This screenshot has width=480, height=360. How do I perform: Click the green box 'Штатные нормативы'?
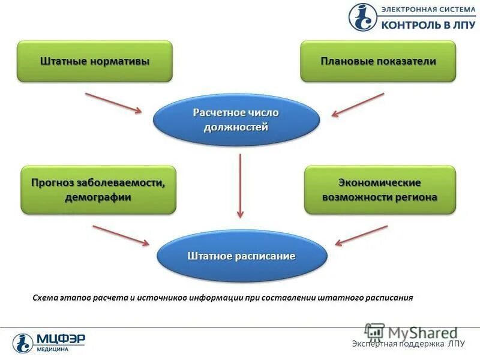[95, 61]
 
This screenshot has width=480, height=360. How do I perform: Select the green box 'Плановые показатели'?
[378, 61]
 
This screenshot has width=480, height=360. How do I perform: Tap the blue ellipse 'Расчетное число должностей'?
[236, 119]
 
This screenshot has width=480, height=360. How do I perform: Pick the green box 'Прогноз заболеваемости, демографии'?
[98, 190]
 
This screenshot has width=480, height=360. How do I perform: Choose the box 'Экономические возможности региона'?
[380, 190]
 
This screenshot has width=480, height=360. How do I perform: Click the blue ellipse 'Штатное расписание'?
[242, 256]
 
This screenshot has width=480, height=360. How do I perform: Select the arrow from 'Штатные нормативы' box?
[113, 102]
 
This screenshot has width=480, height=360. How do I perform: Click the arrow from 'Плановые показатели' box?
[358, 103]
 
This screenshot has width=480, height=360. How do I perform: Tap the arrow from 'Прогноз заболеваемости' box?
[121, 235]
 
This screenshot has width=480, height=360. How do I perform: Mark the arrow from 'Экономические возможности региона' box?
[361, 235]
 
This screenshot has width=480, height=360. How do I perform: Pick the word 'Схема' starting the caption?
[45, 297]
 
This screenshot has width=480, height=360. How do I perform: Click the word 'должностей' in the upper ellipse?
[235, 127]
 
